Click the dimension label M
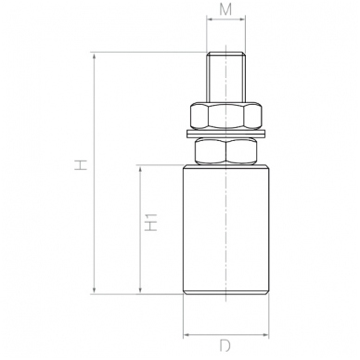[225, 9]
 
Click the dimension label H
[81, 164]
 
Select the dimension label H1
[151, 222]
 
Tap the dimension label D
[225, 345]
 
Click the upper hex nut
[226, 115]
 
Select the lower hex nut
[226, 151]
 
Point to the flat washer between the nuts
[226, 134]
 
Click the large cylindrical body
[226, 230]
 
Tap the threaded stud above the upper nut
[226, 77]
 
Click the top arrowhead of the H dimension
[95, 57]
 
